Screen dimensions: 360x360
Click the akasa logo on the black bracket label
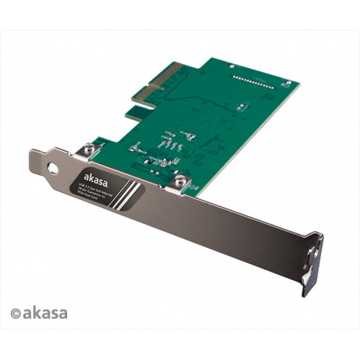[93, 176]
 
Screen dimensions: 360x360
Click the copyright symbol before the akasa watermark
[15, 313]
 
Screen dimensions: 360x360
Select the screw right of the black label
[180, 181]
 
